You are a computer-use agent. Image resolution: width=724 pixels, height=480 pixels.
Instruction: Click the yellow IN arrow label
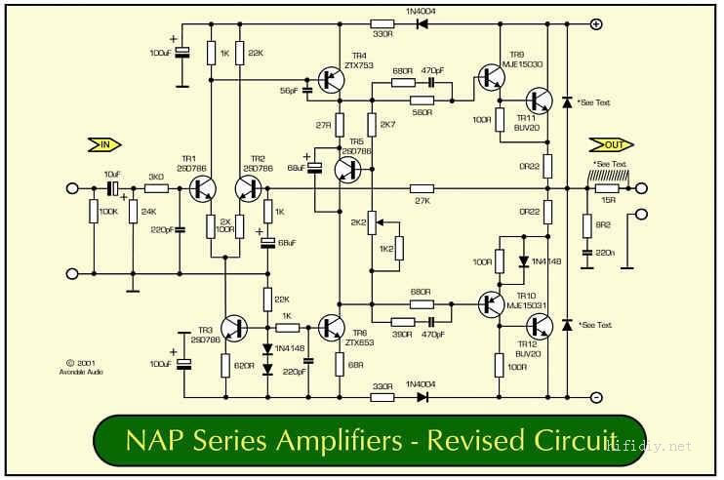(x=101, y=145)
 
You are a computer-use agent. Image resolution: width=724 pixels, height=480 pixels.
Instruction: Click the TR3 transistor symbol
(x=234, y=328)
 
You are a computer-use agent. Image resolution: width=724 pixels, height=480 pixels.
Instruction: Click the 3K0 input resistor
(x=155, y=188)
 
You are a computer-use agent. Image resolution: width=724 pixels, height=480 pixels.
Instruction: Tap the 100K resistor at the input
(x=94, y=211)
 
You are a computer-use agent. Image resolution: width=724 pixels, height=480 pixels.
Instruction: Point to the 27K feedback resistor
(x=421, y=188)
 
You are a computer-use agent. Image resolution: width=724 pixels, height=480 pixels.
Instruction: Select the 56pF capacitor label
(x=289, y=89)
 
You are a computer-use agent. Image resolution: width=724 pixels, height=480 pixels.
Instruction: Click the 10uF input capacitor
(x=112, y=188)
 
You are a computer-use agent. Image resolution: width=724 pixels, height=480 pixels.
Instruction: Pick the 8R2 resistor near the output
(x=586, y=222)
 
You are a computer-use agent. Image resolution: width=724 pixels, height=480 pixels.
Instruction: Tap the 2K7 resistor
(x=371, y=125)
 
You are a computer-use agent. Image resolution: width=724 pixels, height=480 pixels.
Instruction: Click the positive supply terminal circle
(x=596, y=24)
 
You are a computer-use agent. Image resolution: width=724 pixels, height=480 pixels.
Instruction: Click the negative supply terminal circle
(x=596, y=397)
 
